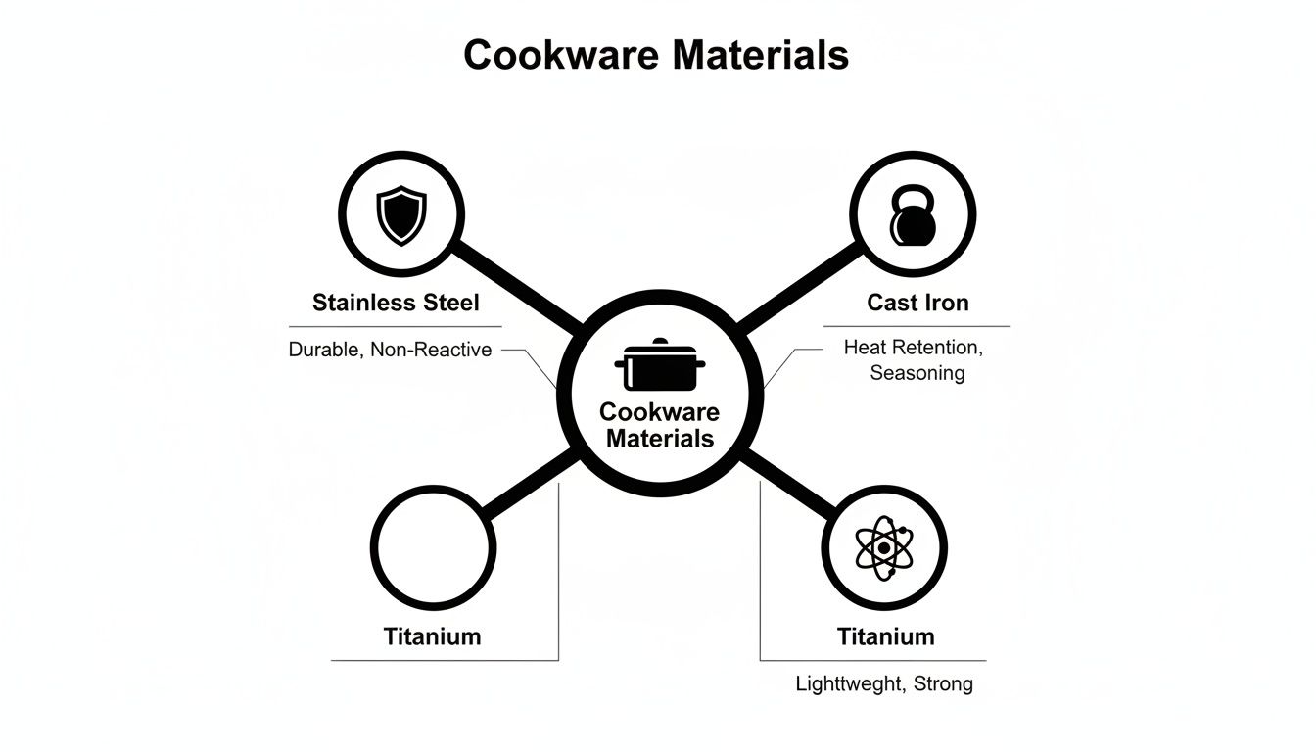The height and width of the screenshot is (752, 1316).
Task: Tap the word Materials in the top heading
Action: click(x=761, y=55)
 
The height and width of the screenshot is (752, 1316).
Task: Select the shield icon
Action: click(x=401, y=215)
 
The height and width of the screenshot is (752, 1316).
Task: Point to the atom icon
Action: click(x=884, y=548)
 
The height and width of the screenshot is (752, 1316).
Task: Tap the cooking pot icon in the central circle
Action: click(x=659, y=366)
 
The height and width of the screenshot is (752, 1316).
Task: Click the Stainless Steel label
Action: click(x=396, y=303)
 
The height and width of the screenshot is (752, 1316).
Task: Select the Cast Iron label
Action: click(x=917, y=303)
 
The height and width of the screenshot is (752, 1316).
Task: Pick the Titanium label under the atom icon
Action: click(x=885, y=636)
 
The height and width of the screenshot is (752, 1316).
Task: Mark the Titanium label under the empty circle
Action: click(x=432, y=636)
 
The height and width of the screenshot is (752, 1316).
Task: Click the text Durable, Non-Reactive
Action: click(x=390, y=350)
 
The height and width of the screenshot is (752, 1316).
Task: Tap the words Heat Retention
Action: click(x=911, y=347)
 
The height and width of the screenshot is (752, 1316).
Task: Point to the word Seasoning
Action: click(x=916, y=373)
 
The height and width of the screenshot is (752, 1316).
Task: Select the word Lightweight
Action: click(x=848, y=683)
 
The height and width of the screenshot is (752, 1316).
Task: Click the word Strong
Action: click(x=943, y=683)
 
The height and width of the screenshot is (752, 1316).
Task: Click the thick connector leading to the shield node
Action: click(x=518, y=288)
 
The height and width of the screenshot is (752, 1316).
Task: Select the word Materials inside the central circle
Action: click(x=659, y=438)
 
